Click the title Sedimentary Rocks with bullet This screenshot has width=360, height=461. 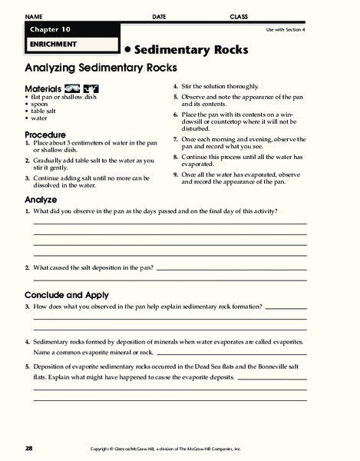point(187,49)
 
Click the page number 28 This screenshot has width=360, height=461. point(29,448)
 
